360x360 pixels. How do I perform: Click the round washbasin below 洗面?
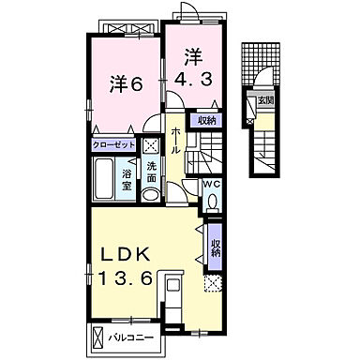[x=153, y=194]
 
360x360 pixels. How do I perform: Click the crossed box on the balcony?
[x=98, y=336]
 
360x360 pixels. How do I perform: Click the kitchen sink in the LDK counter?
[x=173, y=286]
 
